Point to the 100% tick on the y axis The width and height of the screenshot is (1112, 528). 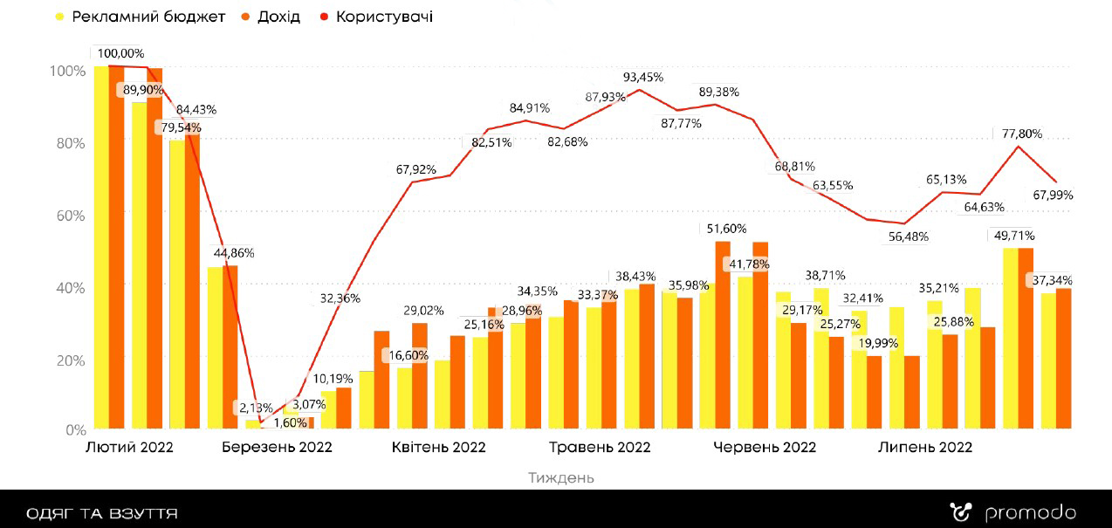pyautogui.click(x=67, y=71)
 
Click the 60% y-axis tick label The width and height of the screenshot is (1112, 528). pyautogui.click(x=70, y=215)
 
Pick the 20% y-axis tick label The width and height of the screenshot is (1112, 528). pyautogui.click(x=70, y=359)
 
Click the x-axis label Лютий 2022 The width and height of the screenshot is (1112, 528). pyautogui.click(x=129, y=448)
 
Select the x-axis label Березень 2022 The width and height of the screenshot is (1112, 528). pyautogui.click(x=277, y=448)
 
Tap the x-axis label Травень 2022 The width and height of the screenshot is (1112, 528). pyautogui.click(x=600, y=448)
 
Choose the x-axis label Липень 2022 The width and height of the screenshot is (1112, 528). pyautogui.click(x=925, y=448)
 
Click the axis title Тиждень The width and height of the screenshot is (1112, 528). pyautogui.click(x=561, y=477)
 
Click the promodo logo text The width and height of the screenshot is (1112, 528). pyautogui.click(x=1031, y=513)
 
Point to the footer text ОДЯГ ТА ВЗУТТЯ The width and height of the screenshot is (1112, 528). pyautogui.click(x=102, y=513)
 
